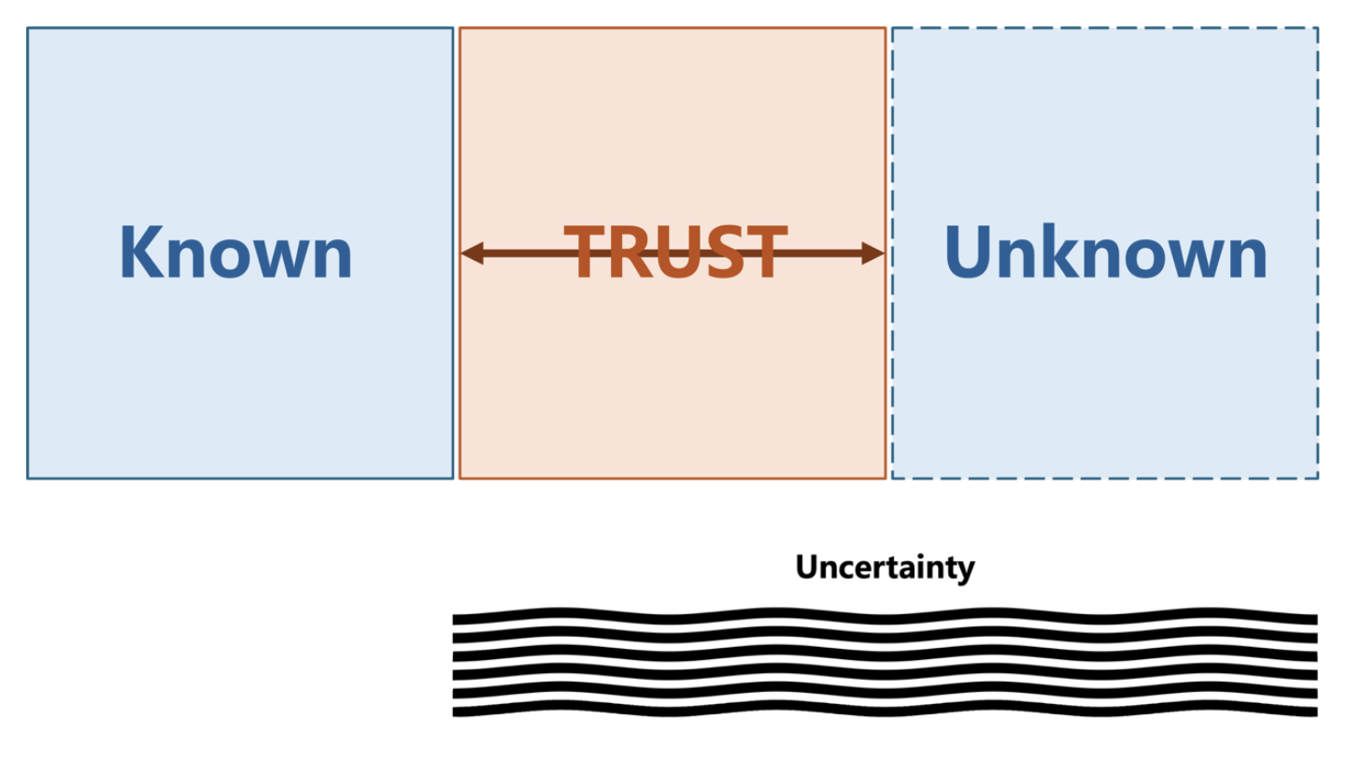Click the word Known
pos(235,252)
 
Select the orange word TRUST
pos(675,252)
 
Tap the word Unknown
pos(1105,252)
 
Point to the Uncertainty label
pos(885,567)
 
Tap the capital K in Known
pos(137,252)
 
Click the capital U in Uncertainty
pos(805,567)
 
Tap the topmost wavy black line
pos(885,618)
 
